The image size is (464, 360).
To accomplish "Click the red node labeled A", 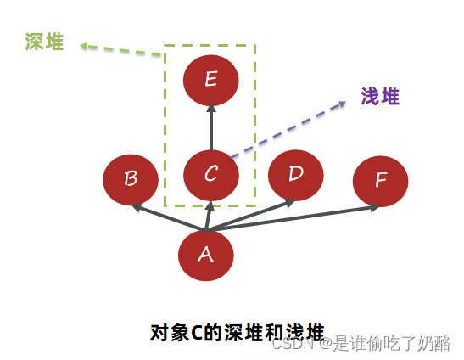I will pyautogui.click(x=206, y=255).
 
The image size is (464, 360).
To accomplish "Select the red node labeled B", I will pyautogui.click(x=131, y=179).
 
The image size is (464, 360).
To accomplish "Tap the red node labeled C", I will pyautogui.click(x=211, y=175).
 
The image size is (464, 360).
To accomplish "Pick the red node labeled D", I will pyautogui.click(x=295, y=175).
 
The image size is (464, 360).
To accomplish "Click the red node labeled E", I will pyautogui.click(x=211, y=82).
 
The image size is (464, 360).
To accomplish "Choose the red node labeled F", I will pyautogui.click(x=380, y=181).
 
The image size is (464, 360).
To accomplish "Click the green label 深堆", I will pyautogui.click(x=44, y=42).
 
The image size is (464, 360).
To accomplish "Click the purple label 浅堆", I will pyautogui.click(x=379, y=97).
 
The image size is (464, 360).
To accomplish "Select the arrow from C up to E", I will pyautogui.click(x=211, y=127).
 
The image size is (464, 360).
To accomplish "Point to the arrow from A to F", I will pyautogui.click(x=297, y=217).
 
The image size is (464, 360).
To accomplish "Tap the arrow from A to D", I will pyautogui.click(x=254, y=214).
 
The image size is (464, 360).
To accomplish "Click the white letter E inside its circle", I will pyautogui.click(x=211, y=81).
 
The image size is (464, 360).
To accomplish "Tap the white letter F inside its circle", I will pyautogui.click(x=381, y=181).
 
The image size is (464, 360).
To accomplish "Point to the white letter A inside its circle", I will pyautogui.click(x=206, y=254).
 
